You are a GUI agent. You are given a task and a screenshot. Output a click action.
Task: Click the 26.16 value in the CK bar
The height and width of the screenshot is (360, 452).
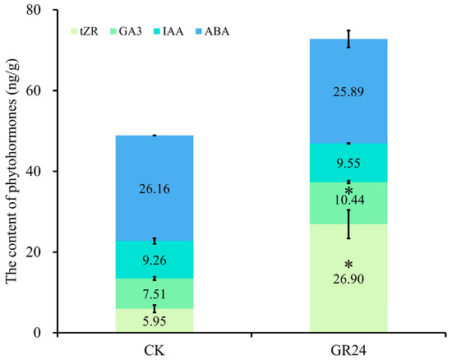pyautogui.click(x=155, y=189)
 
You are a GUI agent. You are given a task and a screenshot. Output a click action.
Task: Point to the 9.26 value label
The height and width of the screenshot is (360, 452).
pyautogui.click(x=155, y=261)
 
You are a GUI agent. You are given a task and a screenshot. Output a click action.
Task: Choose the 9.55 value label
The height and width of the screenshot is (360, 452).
pyautogui.click(x=348, y=164)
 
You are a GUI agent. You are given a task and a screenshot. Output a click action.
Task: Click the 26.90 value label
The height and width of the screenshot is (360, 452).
pyautogui.click(x=348, y=279)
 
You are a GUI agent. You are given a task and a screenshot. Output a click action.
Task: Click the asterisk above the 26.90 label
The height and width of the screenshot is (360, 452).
pyautogui.click(x=348, y=265)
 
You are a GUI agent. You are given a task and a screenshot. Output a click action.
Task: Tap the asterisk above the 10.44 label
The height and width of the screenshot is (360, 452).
pyautogui.click(x=348, y=190)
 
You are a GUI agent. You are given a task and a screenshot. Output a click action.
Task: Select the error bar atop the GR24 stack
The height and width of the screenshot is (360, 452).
pyautogui.click(x=348, y=39)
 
